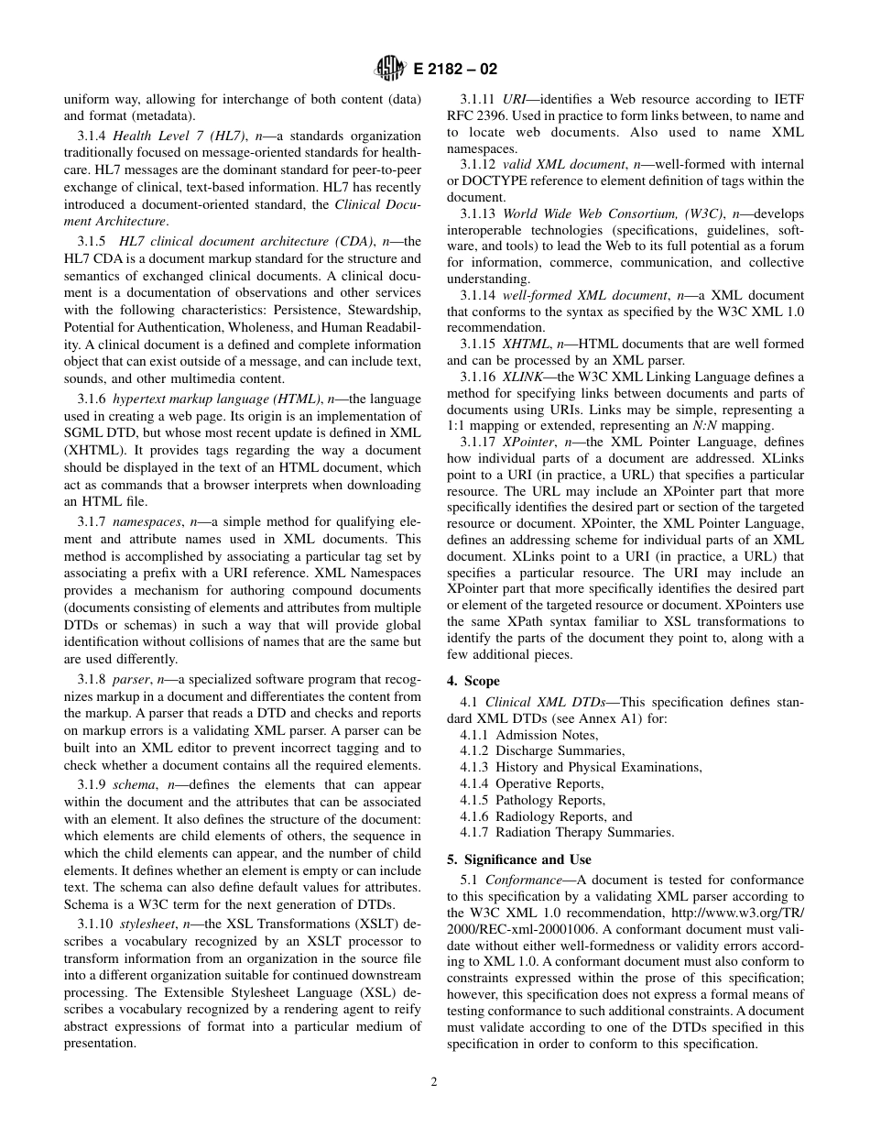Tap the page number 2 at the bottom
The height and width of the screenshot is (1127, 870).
(x=434, y=1081)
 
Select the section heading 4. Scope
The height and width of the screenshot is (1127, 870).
(x=473, y=681)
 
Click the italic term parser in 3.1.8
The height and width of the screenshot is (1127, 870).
(x=131, y=680)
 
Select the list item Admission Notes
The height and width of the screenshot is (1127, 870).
(x=546, y=735)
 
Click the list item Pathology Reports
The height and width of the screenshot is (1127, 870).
(x=549, y=800)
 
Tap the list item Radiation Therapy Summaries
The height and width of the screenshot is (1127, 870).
(x=583, y=833)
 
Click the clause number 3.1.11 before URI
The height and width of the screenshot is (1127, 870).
(x=478, y=98)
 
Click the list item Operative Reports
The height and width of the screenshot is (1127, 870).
(x=549, y=783)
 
